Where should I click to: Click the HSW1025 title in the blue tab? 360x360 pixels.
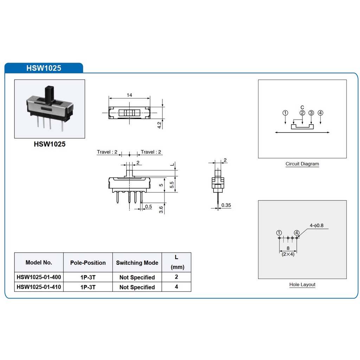tap(44, 68)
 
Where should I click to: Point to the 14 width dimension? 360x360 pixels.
tap(129, 95)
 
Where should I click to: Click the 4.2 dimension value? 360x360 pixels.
tap(159, 125)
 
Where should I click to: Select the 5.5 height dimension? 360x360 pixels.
tap(172, 185)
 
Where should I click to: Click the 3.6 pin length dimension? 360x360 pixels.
tap(161, 210)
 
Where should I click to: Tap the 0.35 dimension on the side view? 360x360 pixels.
tap(226, 205)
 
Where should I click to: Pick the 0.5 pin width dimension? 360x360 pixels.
tap(149, 207)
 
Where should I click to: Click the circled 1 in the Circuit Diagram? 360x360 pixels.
tap(285, 113)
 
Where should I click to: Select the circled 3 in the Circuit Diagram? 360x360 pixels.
tap(311, 113)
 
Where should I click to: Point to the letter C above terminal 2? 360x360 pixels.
tap(302, 108)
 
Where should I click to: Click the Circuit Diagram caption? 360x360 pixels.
tap(302, 164)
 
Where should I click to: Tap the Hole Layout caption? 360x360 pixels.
tap(302, 285)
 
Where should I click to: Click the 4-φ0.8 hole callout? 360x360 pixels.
tap(317, 225)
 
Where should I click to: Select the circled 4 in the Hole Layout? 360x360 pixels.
tap(297, 233)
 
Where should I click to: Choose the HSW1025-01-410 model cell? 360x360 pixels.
tap(39, 287)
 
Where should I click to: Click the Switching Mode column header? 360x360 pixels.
tap(137, 263)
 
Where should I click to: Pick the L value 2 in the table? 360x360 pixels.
tap(176, 277)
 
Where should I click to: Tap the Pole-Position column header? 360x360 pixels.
tap(88, 263)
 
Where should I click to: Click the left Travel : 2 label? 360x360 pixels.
tap(107, 152)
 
